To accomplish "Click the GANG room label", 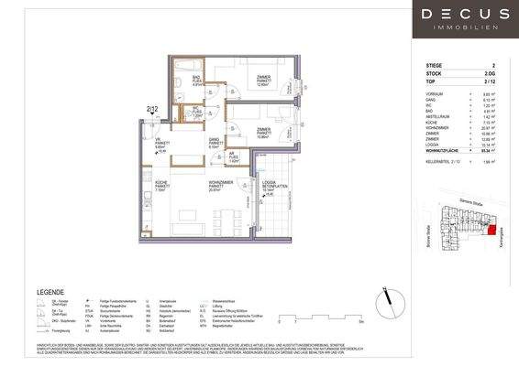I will click(215, 142).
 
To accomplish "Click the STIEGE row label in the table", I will click(435, 67).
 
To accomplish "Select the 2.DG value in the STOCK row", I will click(492, 75).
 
